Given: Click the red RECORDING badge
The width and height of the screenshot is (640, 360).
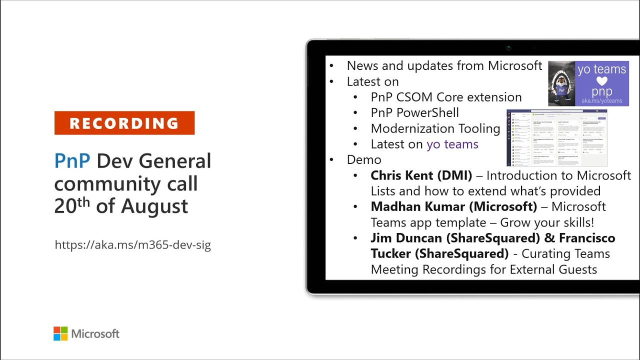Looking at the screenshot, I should pos(124,123).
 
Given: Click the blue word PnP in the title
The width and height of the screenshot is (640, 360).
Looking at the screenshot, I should pos(72,161).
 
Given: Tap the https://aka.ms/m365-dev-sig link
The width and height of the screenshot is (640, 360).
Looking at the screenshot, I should pos(132,245).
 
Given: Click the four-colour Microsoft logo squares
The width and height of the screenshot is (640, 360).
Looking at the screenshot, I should pos(60,333).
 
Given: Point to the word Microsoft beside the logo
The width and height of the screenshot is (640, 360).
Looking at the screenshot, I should pos(95,333).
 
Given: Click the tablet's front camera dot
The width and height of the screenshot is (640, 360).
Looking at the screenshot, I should pos(508,48).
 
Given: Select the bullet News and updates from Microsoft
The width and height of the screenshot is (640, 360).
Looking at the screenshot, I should pos(444,65).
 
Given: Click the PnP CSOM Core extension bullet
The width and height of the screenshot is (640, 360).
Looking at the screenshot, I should pos(446,97).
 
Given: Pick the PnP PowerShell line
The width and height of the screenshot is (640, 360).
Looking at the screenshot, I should pos(414,112).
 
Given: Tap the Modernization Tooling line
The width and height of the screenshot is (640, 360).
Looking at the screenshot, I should pos(435,128).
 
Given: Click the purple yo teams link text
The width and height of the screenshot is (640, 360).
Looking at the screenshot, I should pos(452,144).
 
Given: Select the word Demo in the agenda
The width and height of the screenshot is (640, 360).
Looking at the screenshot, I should pos(364,159).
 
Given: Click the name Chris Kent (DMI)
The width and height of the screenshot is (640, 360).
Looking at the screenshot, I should pos(421,175).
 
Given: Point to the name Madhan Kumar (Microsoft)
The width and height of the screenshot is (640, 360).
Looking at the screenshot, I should pos(453,206).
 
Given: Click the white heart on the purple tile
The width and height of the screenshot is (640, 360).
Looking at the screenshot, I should pos(601,81).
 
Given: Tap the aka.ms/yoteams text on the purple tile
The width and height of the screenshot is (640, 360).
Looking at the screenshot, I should pos(601,101).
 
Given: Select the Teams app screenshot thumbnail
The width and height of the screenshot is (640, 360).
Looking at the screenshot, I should pos(556,138).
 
